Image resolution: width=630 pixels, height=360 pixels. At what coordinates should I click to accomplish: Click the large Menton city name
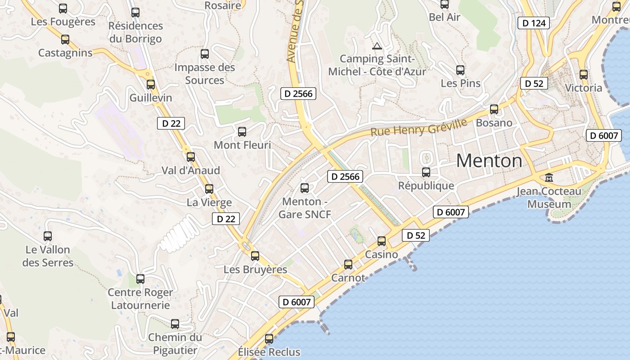[x=489, y=161]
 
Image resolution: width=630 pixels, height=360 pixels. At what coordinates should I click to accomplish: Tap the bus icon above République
[x=426, y=172]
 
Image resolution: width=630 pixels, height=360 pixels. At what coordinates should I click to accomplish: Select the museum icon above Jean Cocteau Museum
[x=549, y=178]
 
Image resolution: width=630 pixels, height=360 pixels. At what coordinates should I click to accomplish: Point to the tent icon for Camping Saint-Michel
[x=377, y=45]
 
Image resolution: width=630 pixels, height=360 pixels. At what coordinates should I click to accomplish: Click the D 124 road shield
[x=534, y=23]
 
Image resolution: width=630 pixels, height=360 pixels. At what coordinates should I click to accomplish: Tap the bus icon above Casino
[x=382, y=241]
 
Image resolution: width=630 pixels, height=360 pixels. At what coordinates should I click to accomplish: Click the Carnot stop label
[x=348, y=278]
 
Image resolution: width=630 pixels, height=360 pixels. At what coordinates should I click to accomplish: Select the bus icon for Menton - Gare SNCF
[x=305, y=188]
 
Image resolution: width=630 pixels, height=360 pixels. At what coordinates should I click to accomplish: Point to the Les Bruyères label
[x=255, y=270]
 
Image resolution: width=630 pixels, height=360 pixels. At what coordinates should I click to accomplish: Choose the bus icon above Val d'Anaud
[x=191, y=157]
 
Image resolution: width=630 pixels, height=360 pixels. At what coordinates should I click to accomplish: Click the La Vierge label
[x=209, y=202]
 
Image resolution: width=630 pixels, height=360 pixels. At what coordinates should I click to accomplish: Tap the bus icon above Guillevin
[x=151, y=84]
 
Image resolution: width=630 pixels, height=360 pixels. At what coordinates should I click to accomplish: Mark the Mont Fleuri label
[x=242, y=145]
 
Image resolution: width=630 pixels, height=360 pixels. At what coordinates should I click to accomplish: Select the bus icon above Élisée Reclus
[x=269, y=338]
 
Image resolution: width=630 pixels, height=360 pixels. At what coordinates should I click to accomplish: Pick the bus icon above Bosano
[x=494, y=109]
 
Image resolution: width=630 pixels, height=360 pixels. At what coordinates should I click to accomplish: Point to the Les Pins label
[x=460, y=83]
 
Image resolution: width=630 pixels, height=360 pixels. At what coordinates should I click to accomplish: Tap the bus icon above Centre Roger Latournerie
[x=140, y=279]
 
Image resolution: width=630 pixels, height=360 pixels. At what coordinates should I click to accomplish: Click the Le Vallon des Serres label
[x=48, y=256]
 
